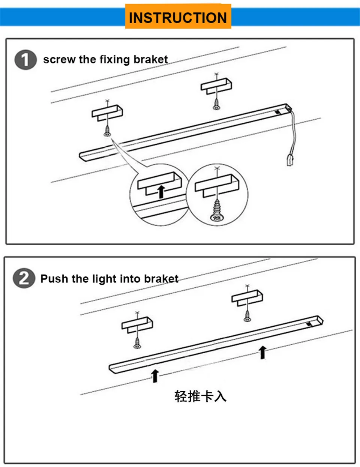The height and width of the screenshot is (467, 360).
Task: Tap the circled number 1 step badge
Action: pyautogui.click(x=25, y=60)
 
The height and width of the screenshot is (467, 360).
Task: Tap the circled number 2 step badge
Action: pyautogui.click(x=24, y=278)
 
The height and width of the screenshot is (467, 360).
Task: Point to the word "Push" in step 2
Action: pyautogui.click(x=54, y=279)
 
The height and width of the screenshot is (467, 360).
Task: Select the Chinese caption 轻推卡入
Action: pyautogui.click(x=200, y=396)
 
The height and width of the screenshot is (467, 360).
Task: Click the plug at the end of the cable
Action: pyautogui.click(x=290, y=160)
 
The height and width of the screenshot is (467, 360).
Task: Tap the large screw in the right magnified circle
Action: pyautogui.click(x=217, y=210)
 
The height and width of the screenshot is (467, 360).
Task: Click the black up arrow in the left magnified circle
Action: pyautogui.click(x=161, y=192)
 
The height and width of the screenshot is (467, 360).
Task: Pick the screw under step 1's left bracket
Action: pyautogui.click(x=107, y=131)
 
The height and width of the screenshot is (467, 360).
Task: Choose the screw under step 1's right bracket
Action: pyautogui.click(x=216, y=104)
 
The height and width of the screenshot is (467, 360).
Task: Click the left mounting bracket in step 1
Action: pyautogui.click(x=107, y=113)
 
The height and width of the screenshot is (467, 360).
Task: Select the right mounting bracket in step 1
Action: pyautogui.click(x=216, y=86)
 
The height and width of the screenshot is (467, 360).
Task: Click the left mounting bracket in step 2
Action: pyautogui.click(x=137, y=325)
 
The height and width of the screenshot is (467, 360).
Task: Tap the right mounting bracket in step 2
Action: pyautogui.click(x=247, y=298)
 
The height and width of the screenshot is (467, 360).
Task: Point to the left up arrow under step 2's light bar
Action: pyautogui.click(x=155, y=376)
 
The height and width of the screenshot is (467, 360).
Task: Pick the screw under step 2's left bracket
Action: pyautogui.click(x=137, y=343)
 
